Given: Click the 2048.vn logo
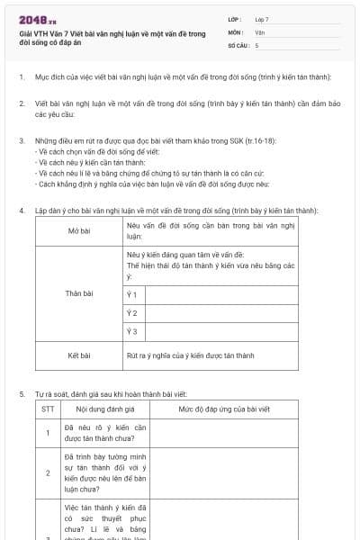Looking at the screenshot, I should click(x=38, y=20).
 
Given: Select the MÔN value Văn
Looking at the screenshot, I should click(x=260, y=31).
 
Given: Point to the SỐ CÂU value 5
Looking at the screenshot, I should click(x=257, y=44).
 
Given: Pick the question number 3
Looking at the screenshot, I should click(x=22, y=141).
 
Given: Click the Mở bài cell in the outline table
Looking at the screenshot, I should click(x=79, y=230).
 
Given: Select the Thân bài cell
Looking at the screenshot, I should click(x=79, y=293).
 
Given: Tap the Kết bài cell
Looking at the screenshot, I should click(x=79, y=355).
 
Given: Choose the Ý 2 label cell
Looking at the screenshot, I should click(x=131, y=313).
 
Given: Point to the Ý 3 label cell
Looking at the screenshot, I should click(x=131, y=331).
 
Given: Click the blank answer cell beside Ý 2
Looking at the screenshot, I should click(x=220, y=313).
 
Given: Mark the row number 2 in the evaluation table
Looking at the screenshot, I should click(x=48, y=472).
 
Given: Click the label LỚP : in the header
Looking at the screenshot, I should click(x=236, y=19).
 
